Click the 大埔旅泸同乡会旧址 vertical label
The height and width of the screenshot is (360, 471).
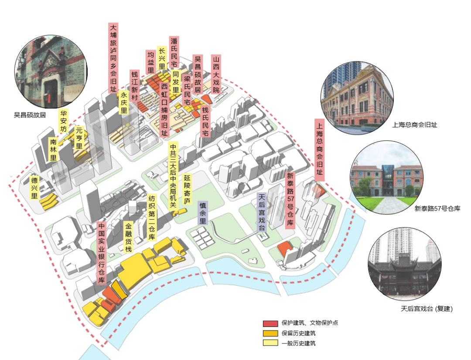113,58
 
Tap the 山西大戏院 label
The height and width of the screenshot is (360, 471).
216,75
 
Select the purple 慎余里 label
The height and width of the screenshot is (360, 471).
203,213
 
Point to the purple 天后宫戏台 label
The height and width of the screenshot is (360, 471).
262,212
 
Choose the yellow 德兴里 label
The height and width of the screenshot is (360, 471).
34,188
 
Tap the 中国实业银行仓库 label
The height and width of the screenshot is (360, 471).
102,253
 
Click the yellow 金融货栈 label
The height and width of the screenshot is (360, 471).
129,238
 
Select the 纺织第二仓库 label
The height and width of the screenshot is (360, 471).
152,217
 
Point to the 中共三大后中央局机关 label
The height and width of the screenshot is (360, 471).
173,176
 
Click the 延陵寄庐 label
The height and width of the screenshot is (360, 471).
187,189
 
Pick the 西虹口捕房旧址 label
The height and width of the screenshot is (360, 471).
164,109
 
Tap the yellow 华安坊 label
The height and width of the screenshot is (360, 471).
63,121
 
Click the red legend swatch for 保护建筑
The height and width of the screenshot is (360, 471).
270,323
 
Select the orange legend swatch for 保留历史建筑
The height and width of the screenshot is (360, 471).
270,333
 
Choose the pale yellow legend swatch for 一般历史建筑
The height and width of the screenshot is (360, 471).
270,343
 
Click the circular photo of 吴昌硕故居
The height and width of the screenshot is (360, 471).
51,71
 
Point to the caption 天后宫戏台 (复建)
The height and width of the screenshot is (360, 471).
427,309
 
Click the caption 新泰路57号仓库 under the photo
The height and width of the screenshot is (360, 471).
437,208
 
